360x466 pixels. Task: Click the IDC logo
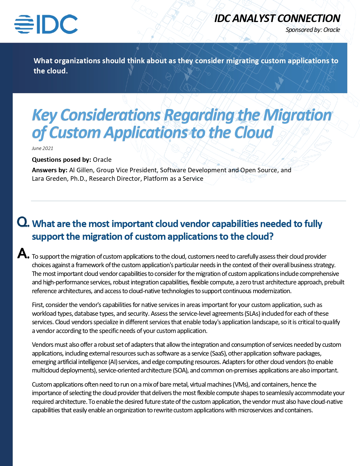pyautogui.click(x=46, y=24)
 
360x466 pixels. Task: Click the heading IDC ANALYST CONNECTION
pyautogui.click(x=277, y=18)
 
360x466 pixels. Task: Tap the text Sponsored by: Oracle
pyautogui.click(x=313, y=30)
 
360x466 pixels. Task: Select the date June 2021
pyautogui.click(x=42, y=148)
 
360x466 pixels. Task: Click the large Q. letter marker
pyautogui.click(x=23, y=222)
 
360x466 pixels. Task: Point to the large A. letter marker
pyautogui.click(x=23, y=253)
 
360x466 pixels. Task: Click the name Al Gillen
pyautogui.click(x=81, y=170)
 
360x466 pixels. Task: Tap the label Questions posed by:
pyautogui.click(x=61, y=160)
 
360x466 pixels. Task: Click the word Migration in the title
pyautogui.click(x=297, y=115)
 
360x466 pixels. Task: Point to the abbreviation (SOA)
pyautogui.click(x=180, y=370)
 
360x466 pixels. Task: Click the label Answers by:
pyautogui.click(x=49, y=170)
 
